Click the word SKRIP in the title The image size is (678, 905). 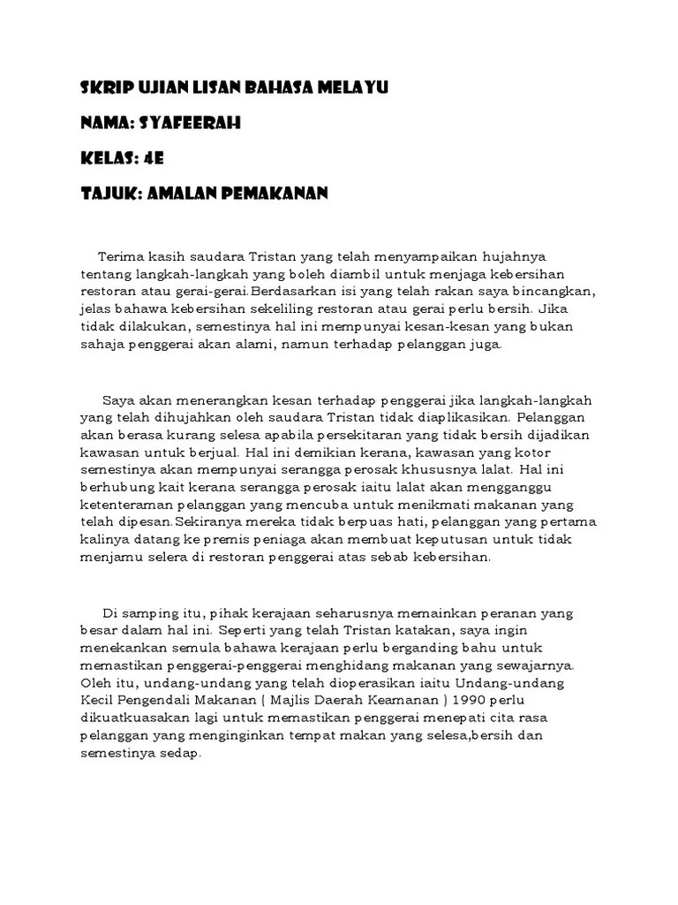[x=101, y=89]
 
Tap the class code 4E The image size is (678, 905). [x=152, y=158]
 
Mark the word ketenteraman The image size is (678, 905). [x=126, y=506]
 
